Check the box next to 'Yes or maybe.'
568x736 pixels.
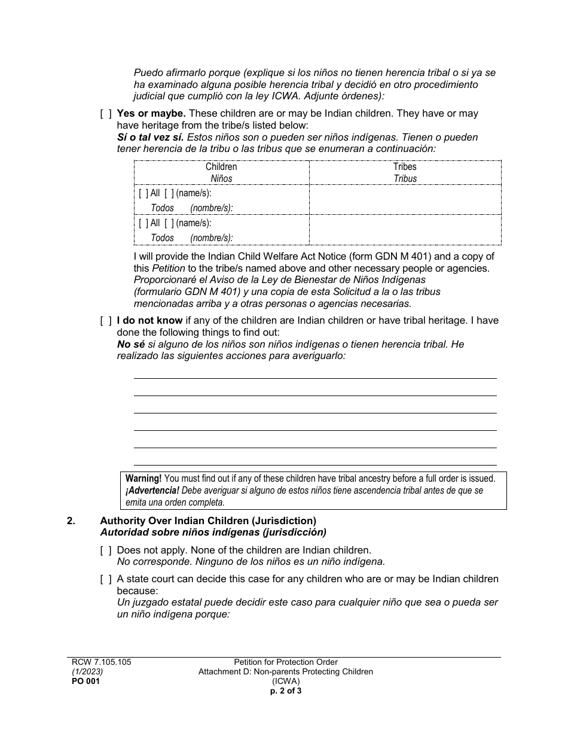pyautogui.click(x=106, y=114)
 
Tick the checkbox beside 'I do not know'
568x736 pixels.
pyautogui.click(x=106, y=321)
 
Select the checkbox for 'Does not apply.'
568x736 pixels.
pyautogui.click(x=106, y=550)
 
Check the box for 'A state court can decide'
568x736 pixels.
pyautogui.click(x=106, y=579)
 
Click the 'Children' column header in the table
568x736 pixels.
pyautogui.click(x=221, y=167)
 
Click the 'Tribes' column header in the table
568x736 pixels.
pyautogui.click(x=405, y=167)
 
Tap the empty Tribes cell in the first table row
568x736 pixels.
pyautogui.click(x=405, y=199)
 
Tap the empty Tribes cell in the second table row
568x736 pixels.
pyautogui.click(x=405, y=230)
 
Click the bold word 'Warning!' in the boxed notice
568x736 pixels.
pyautogui.click(x=143, y=479)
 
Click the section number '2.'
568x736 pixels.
pyautogui.click(x=71, y=521)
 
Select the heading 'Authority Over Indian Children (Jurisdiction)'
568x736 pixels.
pyautogui.click(x=208, y=521)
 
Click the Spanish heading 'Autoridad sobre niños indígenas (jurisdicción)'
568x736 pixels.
pyautogui.click(x=213, y=532)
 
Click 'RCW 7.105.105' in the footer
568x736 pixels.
pyautogui.click(x=99, y=662)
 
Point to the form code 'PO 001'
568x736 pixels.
pyautogui.click(x=83, y=681)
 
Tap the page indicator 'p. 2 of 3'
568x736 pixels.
pyautogui.click(x=285, y=690)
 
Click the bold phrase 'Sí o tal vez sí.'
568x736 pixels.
pyautogui.click(x=150, y=138)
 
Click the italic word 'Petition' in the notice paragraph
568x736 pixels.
pyautogui.click(x=168, y=268)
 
